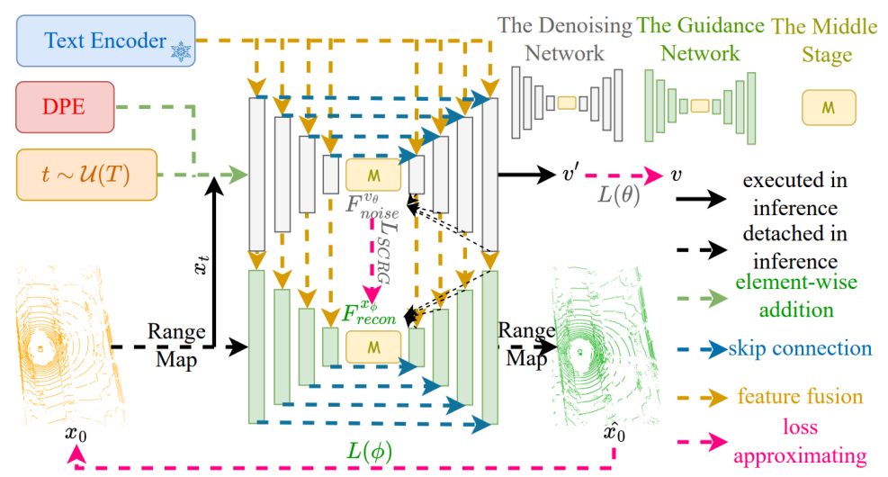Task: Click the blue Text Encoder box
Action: (106, 40)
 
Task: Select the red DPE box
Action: (65, 107)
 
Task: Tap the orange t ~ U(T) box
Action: (86, 175)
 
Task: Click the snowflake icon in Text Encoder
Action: (181, 51)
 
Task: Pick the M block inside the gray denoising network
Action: (373, 175)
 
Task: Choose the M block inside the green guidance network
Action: (373, 346)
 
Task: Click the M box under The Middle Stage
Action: (829, 108)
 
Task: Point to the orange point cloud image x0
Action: (68, 346)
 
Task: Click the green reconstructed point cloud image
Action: (603, 346)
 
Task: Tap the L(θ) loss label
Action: (619, 195)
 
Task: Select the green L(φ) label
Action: (369, 452)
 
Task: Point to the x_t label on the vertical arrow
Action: (202, 265)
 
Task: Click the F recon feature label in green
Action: (369, 313)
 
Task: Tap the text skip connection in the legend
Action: (800, 348)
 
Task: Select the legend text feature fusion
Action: (800, 397)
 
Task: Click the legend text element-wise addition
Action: (795, 296)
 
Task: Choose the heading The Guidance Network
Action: (700, 39)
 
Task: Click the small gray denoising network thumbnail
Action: (567, 103)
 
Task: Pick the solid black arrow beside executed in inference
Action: (701, 199)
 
